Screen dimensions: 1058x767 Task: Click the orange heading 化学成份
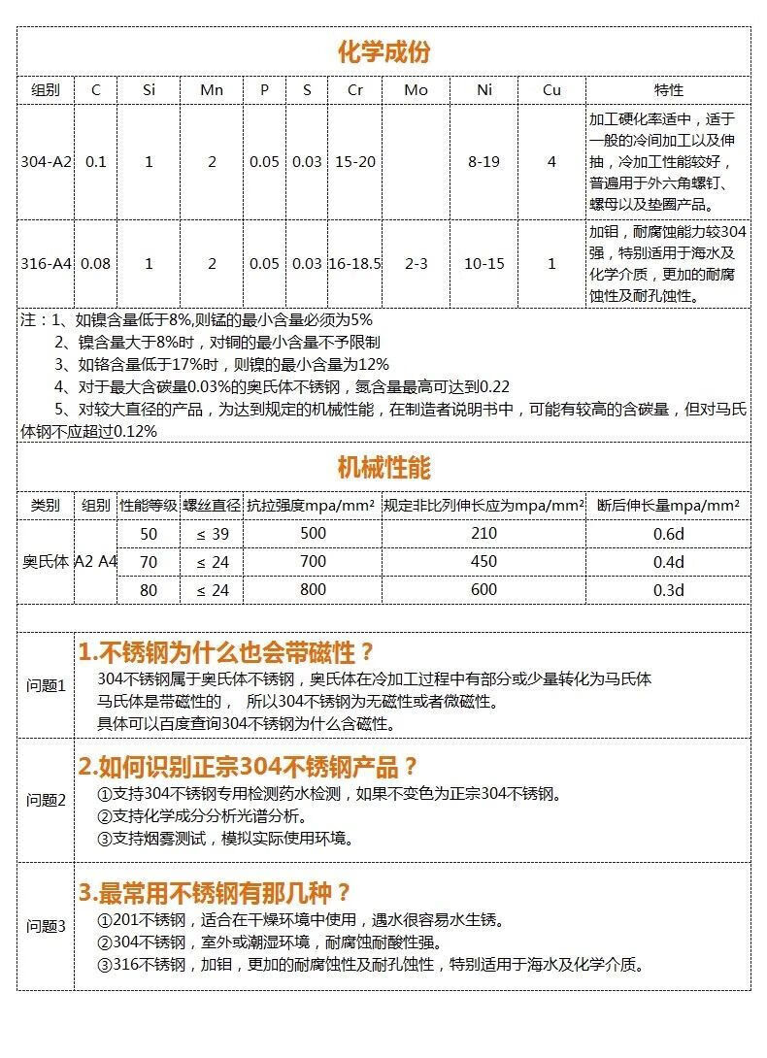pos(383,52)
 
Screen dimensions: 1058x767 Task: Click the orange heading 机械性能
pos(383,468)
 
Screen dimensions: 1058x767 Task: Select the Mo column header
pos(416,89)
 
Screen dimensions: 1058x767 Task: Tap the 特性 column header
pos(668,89)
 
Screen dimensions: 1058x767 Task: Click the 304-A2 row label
pos(47,162)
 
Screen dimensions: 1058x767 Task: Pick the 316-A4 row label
pos(47,264)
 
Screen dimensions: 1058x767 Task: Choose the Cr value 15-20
pos(354,162)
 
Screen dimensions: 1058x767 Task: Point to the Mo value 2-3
pos(416,264)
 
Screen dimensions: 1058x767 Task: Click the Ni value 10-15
pos(484,264)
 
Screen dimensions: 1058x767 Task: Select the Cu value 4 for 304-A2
pos(551,162)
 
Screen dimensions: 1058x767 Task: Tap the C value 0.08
pos(95,264)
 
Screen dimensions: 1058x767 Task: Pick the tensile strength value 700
pos(313,562)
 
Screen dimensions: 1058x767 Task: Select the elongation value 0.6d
pos(668,534)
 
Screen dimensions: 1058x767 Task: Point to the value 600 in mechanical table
pos(484,590)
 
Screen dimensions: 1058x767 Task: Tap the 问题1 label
pos(46,685)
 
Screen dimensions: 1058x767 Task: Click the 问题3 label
pos(46,926)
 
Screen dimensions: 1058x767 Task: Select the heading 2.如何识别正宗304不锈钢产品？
pos(248,768)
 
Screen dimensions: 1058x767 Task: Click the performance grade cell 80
pos(149,590)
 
